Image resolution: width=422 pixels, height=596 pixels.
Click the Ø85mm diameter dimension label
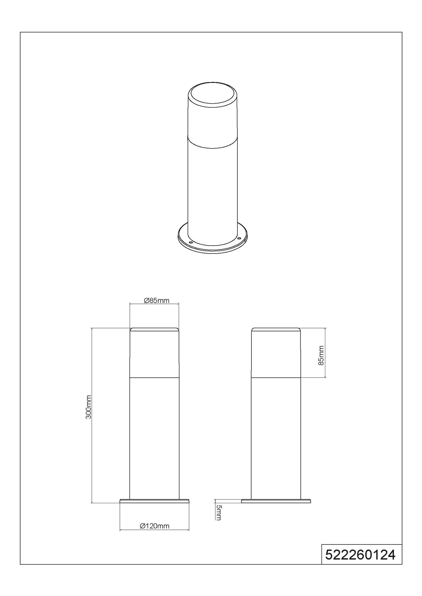[157, 300]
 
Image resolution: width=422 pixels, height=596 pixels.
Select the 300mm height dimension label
[89, 407]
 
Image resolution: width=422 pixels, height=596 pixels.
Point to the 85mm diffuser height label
[321, 355]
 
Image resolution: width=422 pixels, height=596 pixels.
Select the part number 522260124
[360, 555]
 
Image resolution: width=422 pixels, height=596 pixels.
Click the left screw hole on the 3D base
[191, 242]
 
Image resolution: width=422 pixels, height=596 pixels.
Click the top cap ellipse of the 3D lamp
[212, 93]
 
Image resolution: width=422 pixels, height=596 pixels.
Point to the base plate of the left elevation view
[154, 501]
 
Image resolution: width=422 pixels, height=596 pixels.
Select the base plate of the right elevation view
[276, 501]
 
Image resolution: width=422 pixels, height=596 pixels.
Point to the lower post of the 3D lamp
[212, 190]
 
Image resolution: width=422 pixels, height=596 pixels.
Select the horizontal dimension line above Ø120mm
[154, 530]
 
